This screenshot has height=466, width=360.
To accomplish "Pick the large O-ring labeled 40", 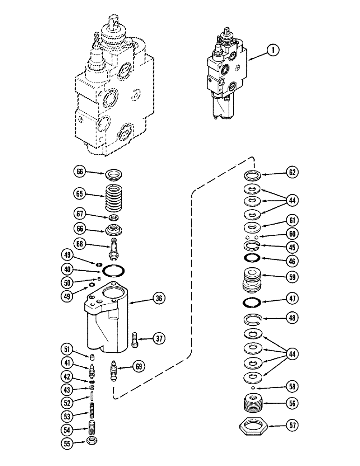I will pos(113,271).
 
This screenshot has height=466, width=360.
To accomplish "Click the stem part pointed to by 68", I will pos(112,246).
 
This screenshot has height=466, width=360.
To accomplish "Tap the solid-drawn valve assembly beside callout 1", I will pos(225,77).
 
